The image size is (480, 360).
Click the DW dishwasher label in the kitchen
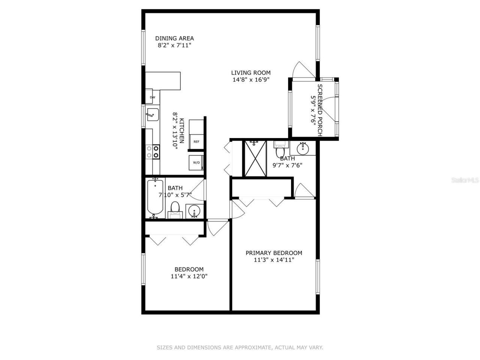click(153, 97)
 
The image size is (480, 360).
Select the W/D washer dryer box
click(196, 163)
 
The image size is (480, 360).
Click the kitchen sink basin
click(152, 114)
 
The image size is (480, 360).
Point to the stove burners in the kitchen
click(153, 151)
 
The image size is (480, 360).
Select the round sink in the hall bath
click(194, 211)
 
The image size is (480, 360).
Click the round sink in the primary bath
click(302, 148)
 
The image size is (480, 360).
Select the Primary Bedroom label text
click(274, 253)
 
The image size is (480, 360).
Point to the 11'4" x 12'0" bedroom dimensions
click(189, 276)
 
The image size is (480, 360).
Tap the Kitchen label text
click(181, 131)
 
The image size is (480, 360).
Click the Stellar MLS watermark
click(465, 180)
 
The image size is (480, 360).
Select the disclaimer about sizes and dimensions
click(240, 348)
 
